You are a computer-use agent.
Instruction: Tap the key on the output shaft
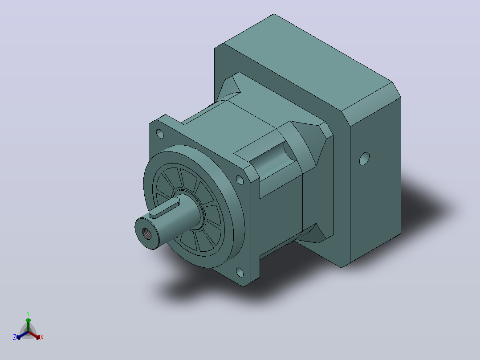click(165, 207)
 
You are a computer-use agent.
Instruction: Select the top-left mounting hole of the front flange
click(160, 134)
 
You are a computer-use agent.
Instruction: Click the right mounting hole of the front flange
click(240, 180)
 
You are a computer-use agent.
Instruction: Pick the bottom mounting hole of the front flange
click(240, 272)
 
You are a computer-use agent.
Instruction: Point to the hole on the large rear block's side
click(364, 159)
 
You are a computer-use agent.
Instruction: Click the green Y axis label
click(28, 313)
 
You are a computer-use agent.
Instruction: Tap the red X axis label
click(42, 337)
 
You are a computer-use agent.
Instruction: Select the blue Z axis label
click(15, 337)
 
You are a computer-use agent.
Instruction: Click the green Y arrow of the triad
click(28, 325)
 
